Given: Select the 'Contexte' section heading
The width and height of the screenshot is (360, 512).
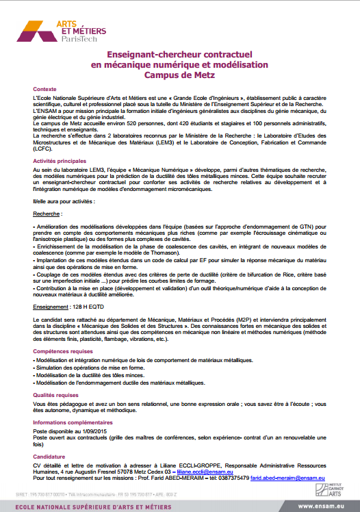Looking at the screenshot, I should pyautogui.click(x=45, y=90).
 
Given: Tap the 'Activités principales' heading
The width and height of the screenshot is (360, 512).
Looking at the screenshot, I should pyautogui.click(x=60, y=160).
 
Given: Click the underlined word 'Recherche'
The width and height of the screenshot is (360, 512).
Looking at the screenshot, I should pyautogui.click(x=47, y=214).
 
